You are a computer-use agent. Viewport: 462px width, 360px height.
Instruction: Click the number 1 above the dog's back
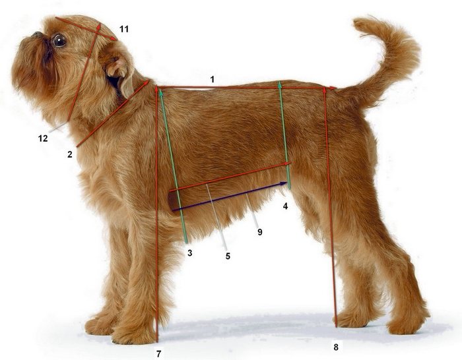(212, 79)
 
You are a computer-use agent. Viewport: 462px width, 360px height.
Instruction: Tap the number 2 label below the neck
(69, 154)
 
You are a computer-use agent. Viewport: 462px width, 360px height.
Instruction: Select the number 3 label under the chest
(190, 253)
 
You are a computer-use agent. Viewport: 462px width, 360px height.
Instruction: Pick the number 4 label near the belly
(285, 206)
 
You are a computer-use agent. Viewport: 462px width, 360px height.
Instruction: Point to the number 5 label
(228, 256)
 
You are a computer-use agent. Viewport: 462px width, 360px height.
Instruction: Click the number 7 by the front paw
(159, 354)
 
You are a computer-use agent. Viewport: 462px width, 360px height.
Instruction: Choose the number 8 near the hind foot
(336, 347)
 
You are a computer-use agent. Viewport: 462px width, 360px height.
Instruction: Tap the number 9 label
(259, 232)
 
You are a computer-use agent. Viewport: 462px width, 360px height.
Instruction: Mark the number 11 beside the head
(124, 29)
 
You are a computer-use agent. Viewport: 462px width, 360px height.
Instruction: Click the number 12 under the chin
(43, 138)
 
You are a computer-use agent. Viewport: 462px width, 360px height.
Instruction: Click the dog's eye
(59, 40)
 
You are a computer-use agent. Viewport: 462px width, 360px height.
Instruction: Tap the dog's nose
(37, 35)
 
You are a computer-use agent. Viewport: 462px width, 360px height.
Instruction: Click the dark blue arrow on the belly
(230, 196)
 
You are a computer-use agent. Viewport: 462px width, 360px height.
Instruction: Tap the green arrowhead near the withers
(161, 93)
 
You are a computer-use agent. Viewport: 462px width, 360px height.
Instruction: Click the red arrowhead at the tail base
(333, 88)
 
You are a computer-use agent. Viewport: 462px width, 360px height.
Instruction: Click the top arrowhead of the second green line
(280, 85)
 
